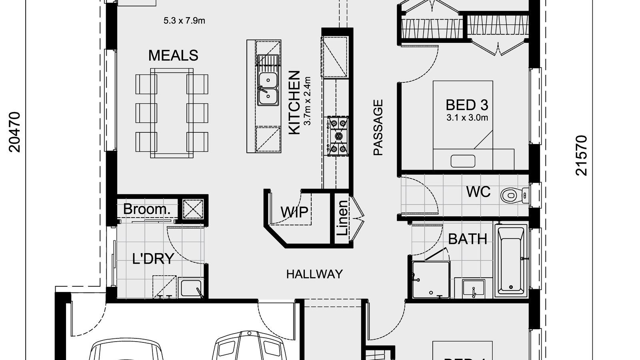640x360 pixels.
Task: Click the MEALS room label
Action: [173, 56]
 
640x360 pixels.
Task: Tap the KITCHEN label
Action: [294, 102]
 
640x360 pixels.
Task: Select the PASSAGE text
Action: [378, 127]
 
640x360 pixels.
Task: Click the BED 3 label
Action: [467, 105]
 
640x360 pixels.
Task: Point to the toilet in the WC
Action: [512, 195]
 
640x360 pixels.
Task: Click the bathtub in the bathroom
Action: [511, 260]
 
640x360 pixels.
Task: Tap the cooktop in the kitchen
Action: [338, 136]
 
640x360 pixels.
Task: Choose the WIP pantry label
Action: [294, 212]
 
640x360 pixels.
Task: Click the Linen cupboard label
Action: [343, 218]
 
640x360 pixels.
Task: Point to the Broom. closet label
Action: [145, 209]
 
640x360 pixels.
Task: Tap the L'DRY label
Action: [153, 259]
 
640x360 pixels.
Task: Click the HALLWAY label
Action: [314, 274]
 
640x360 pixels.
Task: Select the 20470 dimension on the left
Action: [14, 132]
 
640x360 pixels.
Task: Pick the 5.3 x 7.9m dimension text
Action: [184, 21]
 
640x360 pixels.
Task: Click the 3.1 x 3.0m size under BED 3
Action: [467, 118]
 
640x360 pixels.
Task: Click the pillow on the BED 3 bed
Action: [463, 161]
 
